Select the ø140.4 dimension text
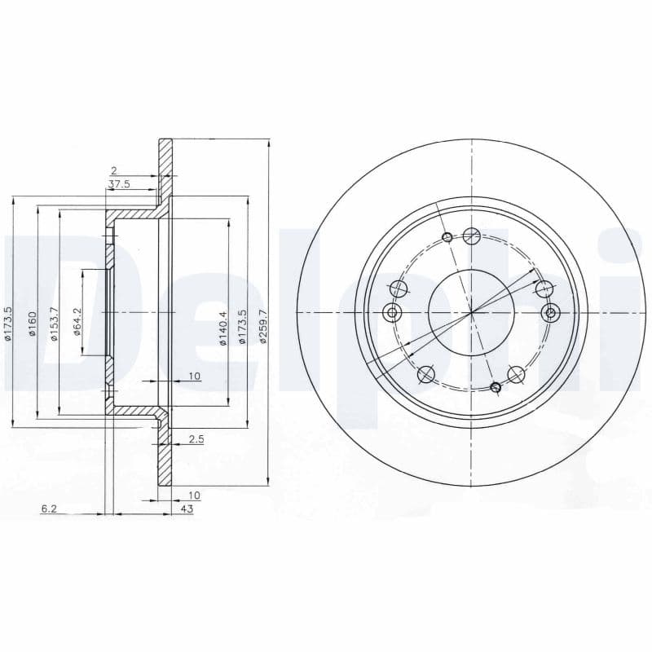[222, 328]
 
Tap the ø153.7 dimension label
[54, 324]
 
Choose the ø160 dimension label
[33, 324]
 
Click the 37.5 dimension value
[119, 184]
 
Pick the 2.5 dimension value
[196, 439]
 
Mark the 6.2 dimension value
[49, 509]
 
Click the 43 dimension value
[187, 509]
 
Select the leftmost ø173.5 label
[8, 324]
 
